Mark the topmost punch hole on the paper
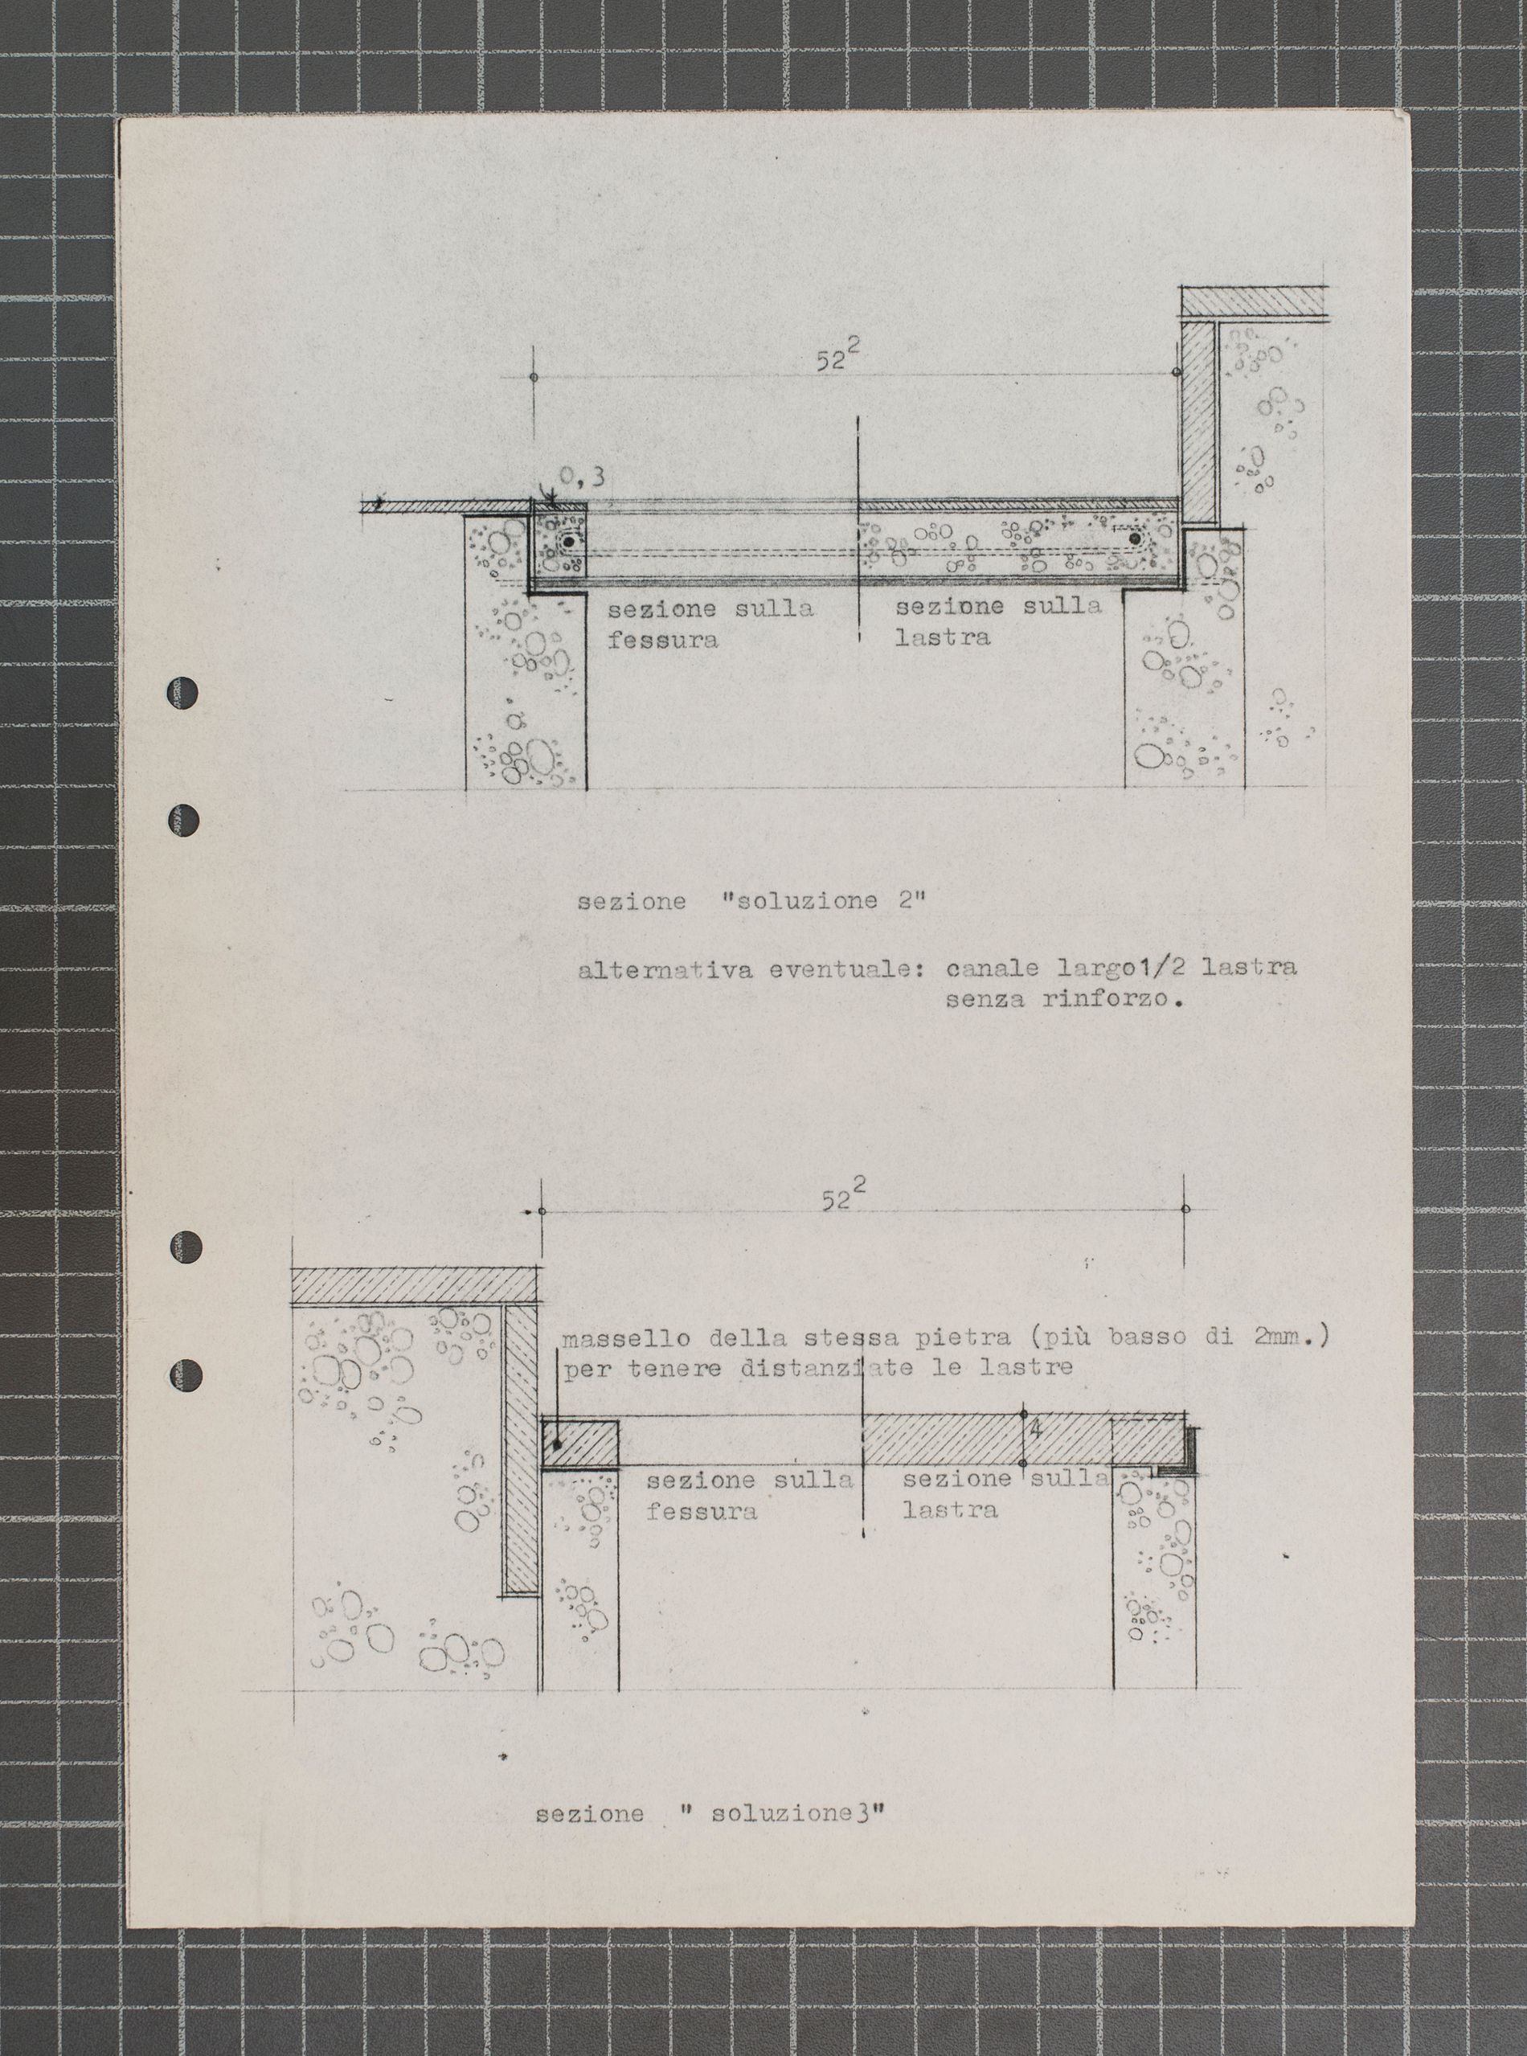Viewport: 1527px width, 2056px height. [182, 691]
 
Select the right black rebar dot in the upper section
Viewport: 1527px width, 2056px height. [1134, 537]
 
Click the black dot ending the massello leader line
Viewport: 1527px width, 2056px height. [556, 1444]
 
